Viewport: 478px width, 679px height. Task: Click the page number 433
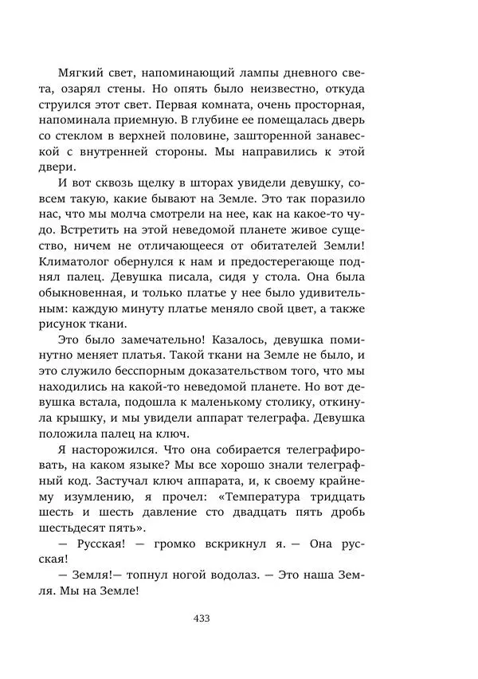[201, 618]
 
